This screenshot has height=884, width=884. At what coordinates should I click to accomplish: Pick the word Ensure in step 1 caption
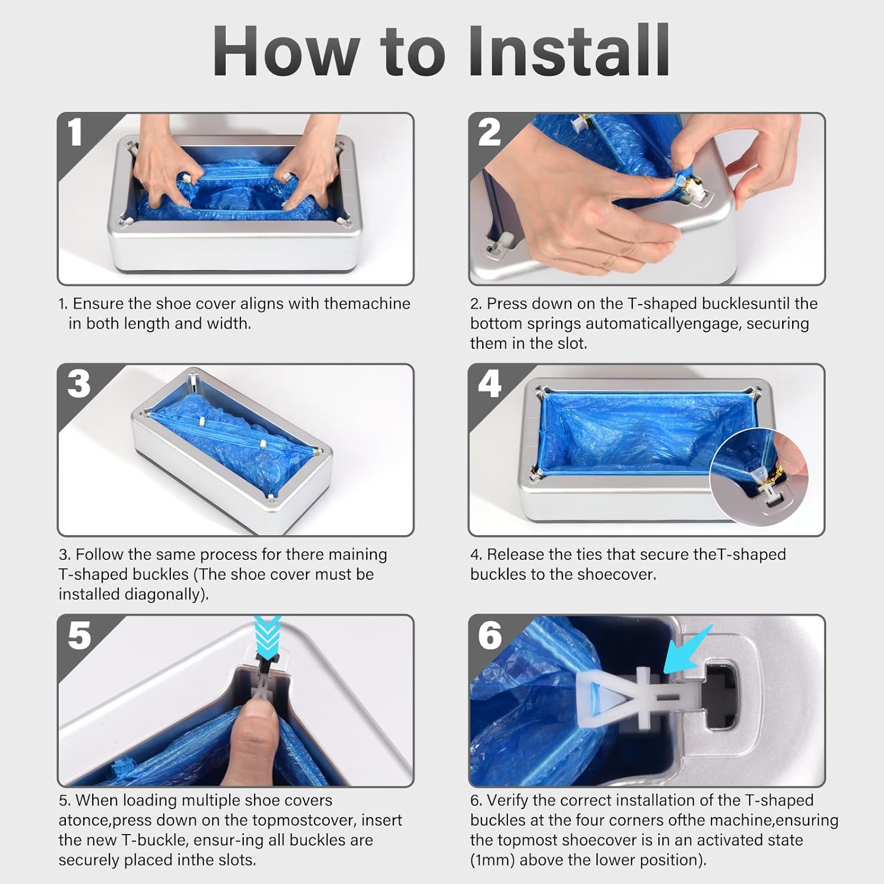(98, 304)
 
